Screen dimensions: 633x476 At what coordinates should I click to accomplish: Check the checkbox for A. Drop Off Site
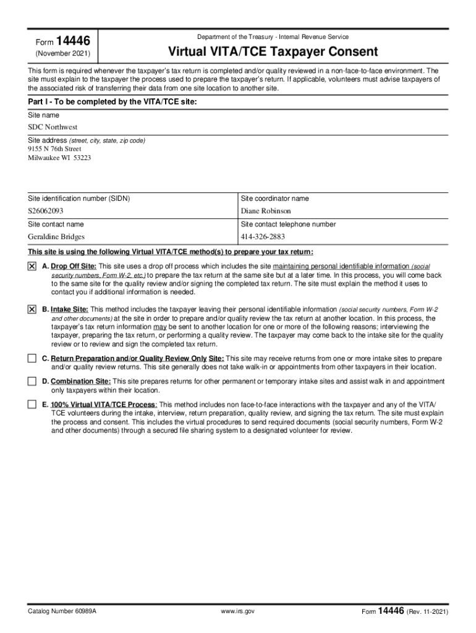tap(32, 266)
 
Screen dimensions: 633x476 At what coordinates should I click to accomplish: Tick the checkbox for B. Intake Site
tap(32, 309)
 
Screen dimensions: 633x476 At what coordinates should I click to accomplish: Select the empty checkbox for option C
tap(32, 359)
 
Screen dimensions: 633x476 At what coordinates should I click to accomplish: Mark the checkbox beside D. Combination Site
tap(32, 381)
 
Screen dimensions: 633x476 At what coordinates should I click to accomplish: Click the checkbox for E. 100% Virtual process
tap(32, 404)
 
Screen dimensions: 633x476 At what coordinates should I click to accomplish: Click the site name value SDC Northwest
tap(53, 127)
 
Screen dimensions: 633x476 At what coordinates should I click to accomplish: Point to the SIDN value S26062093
tap(46, 211)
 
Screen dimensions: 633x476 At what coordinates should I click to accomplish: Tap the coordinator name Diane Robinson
tap(267, 211)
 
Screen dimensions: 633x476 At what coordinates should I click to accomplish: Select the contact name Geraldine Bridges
tap(56, 237)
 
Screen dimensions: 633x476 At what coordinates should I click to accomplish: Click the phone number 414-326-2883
tap(263, 237)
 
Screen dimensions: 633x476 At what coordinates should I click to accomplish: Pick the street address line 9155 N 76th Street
tap(54, 148)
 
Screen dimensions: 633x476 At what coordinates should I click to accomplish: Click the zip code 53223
tap(82, 157)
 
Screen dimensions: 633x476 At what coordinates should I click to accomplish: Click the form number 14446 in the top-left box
tap(73, 42)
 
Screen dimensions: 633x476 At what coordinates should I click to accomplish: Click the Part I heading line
tap(113, 102)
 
